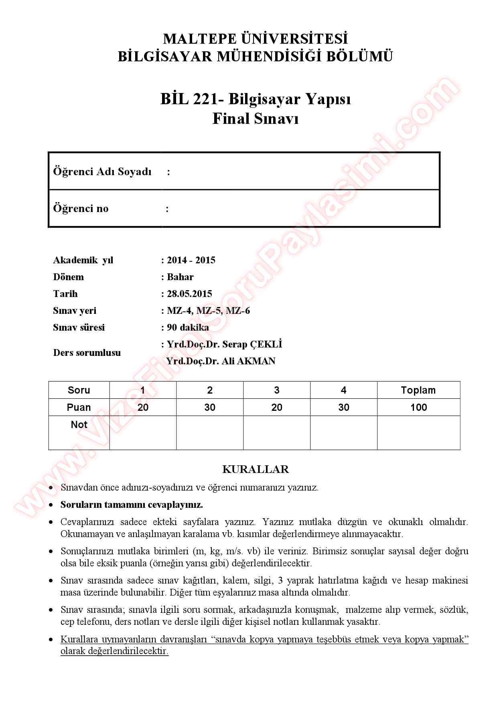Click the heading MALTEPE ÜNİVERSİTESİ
tap(255, 39)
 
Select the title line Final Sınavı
tap(255, 119)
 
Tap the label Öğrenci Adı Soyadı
tap(102, 172)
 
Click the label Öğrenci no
tap(81, 208)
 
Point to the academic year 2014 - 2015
tap(191, 260)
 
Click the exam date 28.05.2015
tap(189, 294)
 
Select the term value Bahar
tap(180, 277)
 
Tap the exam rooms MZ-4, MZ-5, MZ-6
tap(208, 311)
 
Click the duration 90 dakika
tap(188, 327)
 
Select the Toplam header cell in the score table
tap(418, 390)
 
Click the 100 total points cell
tap(418, 407)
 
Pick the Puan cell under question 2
tap(210, 407)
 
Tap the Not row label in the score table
tap(79, 425)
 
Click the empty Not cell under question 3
tap(276, 432)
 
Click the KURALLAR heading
tap(256, 469)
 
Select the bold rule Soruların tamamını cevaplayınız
tap(132, 505)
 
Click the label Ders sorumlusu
tap(87, 353)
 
